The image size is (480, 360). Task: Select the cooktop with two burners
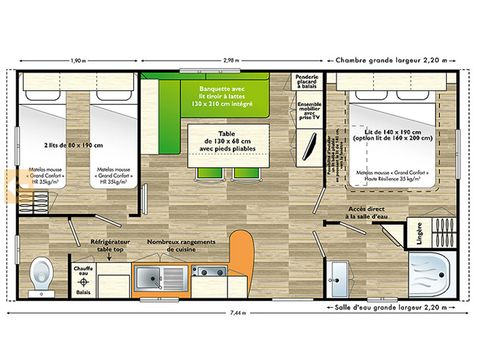pyautogui.click(x=208, y=272)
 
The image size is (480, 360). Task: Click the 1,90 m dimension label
pyautogui.click(x=78, y=60)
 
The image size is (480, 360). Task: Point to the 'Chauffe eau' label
pyautogui.click(x=84, y=270)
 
